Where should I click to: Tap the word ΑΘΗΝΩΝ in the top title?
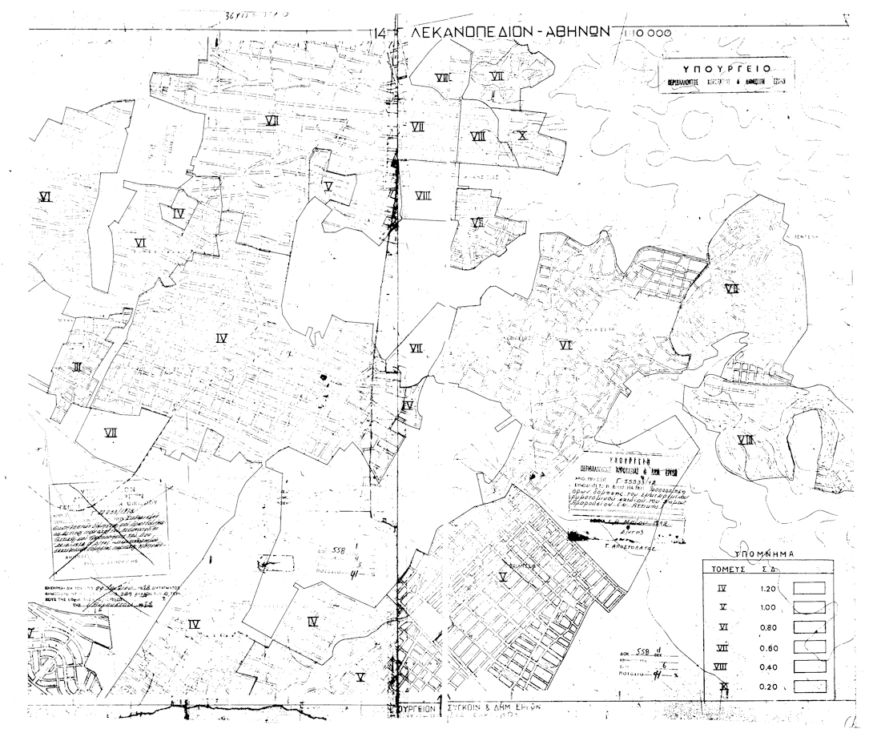tap(571, 33)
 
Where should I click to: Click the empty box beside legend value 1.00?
tap(809, 607)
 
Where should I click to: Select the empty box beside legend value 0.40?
tap(809, 666)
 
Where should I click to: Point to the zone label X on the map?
tap(522, 135)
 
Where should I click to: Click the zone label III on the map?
tap(77, 368)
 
